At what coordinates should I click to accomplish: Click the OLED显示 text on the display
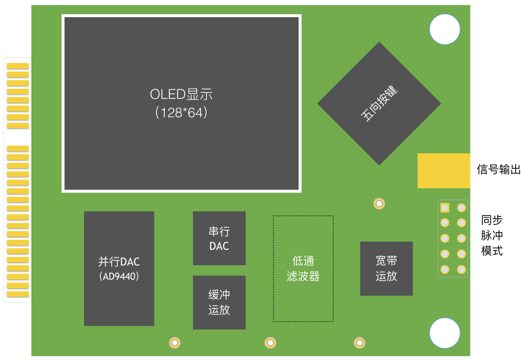pyautogui.click(x=181, y=94)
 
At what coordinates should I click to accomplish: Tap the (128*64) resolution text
pyautogui.click(x=181, y=112)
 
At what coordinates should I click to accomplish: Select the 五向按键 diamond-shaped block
pyautogui.click(x=379, y=104)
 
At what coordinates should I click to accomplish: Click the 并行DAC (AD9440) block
pyautogui.click(x=119, y=268)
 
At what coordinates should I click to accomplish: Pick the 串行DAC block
pyautogui.click(x=219, y=238)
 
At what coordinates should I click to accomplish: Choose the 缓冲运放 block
pyautogui.click(x=219, y=303)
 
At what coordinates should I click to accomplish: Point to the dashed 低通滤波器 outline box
pyautogui.click(x=273, y=268)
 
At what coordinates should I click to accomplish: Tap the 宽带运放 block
pyautogui.click(x=387, y=268)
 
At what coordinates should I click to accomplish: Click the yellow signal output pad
pyautogui.click(x=444, y=171)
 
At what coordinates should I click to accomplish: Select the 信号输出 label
pyautogui.click(x=499, y=169)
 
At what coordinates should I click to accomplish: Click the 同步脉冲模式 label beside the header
pyautogui.click(x=492, y=236)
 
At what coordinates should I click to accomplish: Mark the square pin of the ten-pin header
pyautogui.click(x=445, y=208)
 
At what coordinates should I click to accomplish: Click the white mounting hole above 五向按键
pyautogui.click(x=445, y=29)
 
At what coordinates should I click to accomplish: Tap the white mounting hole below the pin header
pyautogui.click(x=445, y=333)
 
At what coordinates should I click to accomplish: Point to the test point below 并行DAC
pyautogui.click(x=175, y=343)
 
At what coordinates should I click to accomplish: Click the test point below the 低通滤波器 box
pyautogui.click(x=270, y=343)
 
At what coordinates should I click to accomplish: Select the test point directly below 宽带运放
pyautogui.click(x=359, y=343)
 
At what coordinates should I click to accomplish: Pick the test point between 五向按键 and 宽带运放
pyautogui.click(x=379, y=204)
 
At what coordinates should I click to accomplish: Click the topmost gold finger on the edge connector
pyautogui.click(x=18, y=66)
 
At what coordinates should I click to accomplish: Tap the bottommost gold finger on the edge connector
pyautogui.click(x=18, y=294)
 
